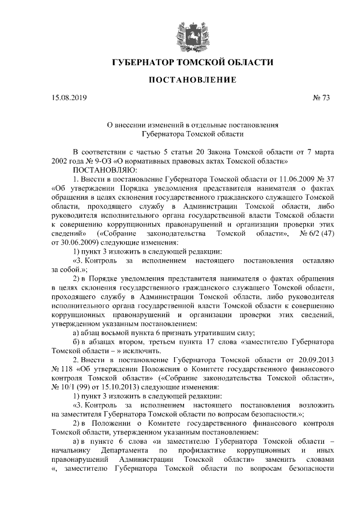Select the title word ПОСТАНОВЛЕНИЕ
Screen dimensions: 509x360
192,80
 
